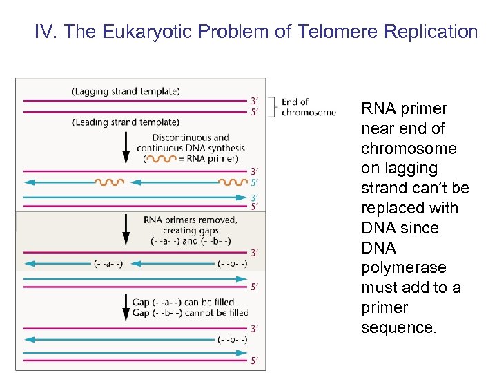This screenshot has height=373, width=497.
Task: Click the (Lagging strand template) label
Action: coord(126,90)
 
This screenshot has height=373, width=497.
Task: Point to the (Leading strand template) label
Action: coord(126,122)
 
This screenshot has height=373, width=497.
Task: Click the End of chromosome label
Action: coord(308,107)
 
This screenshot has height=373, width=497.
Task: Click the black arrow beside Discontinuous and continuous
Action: coord(126,146)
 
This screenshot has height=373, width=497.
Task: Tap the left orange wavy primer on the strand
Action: coord(110,182)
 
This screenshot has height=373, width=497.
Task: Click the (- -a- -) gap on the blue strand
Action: coord(108,263)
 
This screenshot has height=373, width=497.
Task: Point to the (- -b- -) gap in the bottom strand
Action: coord(232,339)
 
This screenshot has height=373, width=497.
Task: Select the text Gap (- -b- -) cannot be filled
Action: coord(191,313)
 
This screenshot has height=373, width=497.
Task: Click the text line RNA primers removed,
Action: coord(191,220)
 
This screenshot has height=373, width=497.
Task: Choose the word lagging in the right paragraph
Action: coord(399,168)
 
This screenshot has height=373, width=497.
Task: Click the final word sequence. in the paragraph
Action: coord(399,327)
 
